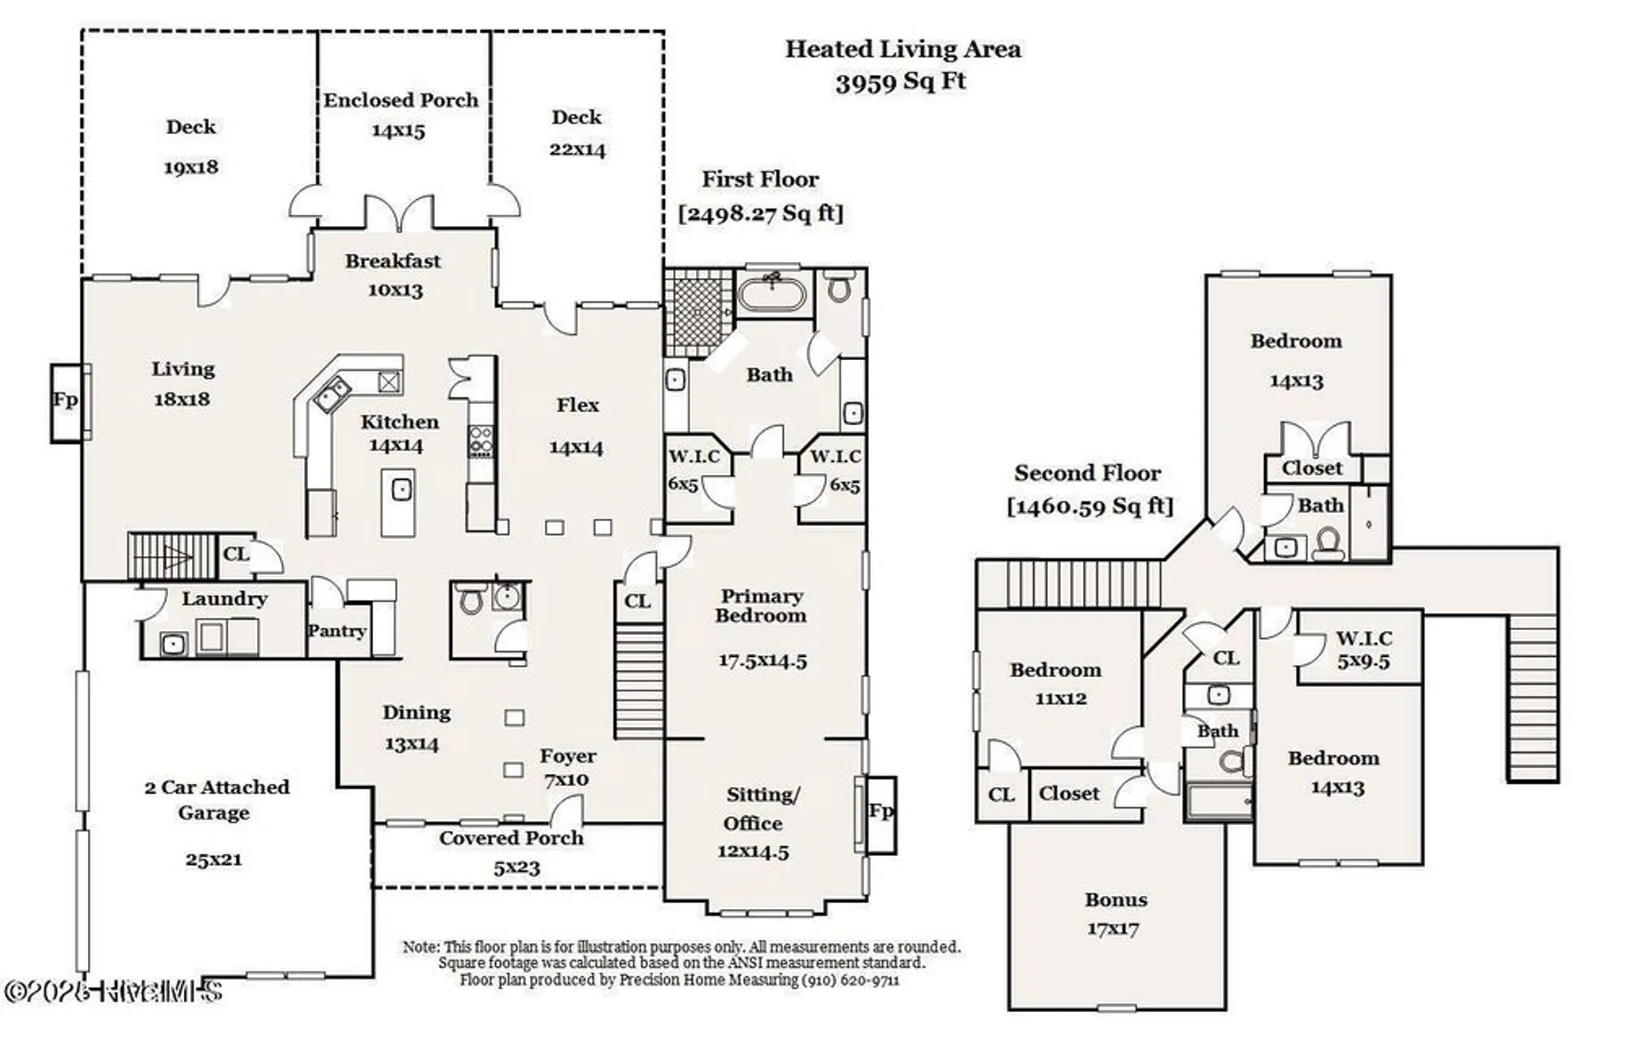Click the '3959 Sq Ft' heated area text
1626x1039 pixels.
(x=901, y=82)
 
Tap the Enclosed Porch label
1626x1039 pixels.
(x=401, y=100)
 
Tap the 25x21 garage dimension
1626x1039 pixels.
(x=213, y=859)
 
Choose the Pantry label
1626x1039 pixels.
(x=337, y=631)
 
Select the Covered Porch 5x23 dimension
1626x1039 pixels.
(x=516, y=867)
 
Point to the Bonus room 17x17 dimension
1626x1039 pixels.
(x=1113, y=928)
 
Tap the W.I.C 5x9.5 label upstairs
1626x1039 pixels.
(x=1363, y=650)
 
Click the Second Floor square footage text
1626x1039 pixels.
(x=1090, y=506)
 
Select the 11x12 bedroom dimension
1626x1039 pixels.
(x=1060, y=698)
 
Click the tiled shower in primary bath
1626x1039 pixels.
(x=698, y=312)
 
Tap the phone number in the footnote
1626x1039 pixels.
(x=850, y=980)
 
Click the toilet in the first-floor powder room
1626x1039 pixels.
(x=471, y=601)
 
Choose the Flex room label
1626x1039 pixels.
(x=577, y=405)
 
